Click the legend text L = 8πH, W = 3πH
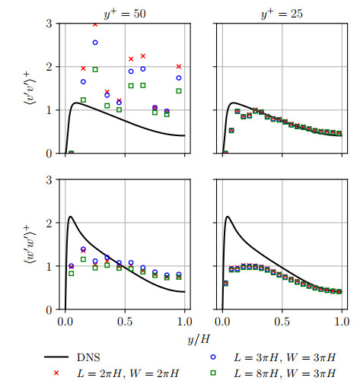[x=285, y=374]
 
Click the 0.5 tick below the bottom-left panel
[x=125, y=320]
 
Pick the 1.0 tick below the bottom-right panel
[x=342, y=320]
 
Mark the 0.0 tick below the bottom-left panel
[x=65, y=320]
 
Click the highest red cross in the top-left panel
[x=95, y=24]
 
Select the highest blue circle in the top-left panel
[x=95, y=43]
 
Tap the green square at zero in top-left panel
[x=71, y=153]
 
